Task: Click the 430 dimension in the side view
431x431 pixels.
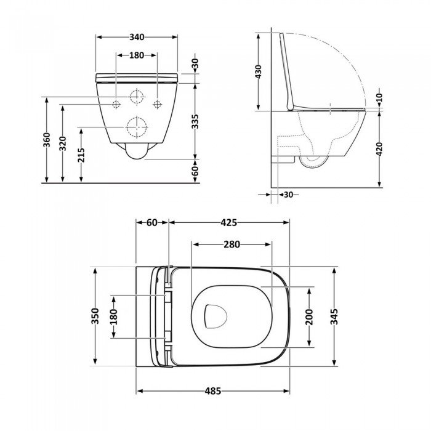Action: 259,72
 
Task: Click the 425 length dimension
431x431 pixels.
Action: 229,222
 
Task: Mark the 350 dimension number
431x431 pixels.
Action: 95,316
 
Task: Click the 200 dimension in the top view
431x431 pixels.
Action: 309,316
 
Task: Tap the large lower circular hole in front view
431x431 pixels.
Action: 136,127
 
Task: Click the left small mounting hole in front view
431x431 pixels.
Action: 115,103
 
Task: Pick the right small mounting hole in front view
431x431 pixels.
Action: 157,103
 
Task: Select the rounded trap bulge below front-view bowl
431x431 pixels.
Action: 136,151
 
